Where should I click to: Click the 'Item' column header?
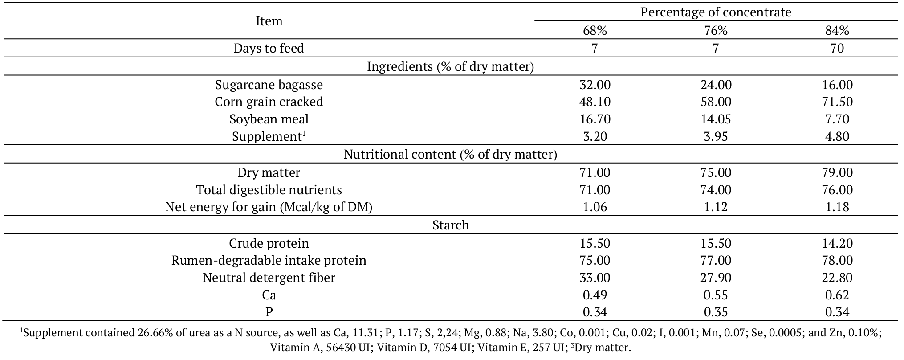click(269, 21)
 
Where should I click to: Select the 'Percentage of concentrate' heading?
click(716, 12)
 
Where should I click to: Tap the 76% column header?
click(716, 30)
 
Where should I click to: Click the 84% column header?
click(837, 30)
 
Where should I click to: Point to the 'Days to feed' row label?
click(269, 48)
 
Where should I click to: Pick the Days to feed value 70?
click(837, 48)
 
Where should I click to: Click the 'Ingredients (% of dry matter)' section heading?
click(450, 66)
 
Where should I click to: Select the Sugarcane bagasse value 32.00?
click(595, 85)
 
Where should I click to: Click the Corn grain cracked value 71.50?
click(837, 102)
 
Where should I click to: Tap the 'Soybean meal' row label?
click(269, 119)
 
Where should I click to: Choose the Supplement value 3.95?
click(716, 136)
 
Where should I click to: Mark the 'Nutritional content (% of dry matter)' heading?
click(450, 154)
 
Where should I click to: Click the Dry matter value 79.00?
click(837, 172)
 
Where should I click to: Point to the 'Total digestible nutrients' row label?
click(269, 190)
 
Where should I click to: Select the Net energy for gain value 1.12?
click(716, 207)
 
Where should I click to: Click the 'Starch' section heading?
click(450, 225)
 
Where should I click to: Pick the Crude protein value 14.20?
click(837, 243)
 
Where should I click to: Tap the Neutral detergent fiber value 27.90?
click(716, 278)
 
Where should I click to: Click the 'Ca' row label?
click(269, 295)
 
